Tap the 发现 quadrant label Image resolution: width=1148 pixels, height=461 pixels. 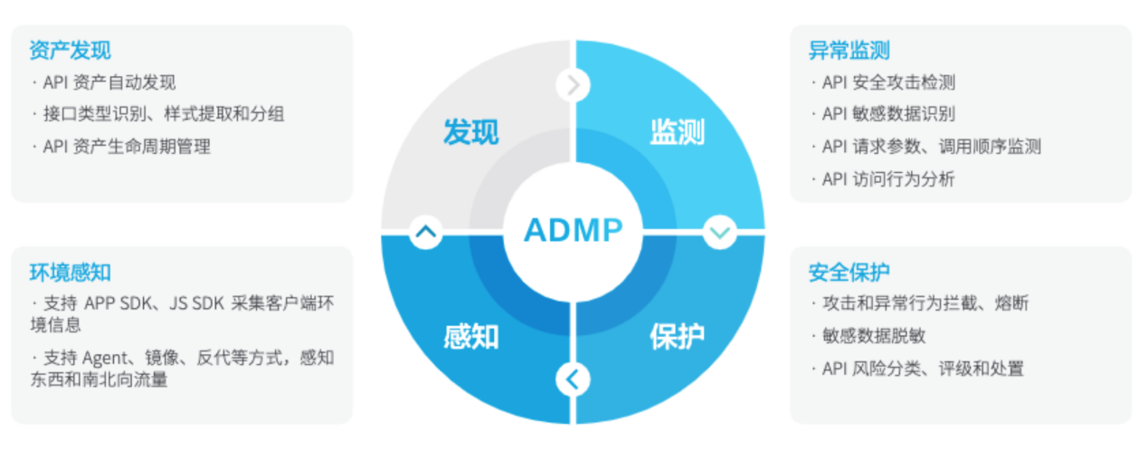pos(470,133)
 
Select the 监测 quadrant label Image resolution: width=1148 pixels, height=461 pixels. pos(677,133)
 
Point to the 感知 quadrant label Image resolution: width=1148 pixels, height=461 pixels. pos(470,337)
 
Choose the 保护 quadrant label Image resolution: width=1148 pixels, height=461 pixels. pos(677,337)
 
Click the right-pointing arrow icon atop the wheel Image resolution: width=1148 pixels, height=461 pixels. pos(573,85)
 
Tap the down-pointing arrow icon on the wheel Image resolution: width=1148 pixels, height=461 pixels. pos(719,232)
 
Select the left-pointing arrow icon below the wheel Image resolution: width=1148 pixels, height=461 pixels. pos(573,379)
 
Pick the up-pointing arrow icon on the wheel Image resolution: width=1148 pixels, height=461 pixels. pos(425,232)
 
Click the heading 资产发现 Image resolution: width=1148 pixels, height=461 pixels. pos(70,50)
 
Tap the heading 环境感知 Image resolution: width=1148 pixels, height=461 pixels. pos(70,272)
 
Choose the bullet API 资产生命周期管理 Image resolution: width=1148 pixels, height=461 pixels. pos(127,147)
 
